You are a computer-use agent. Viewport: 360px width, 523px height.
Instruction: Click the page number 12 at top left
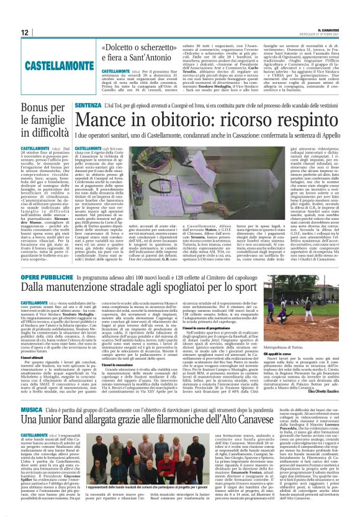point(24,33)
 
